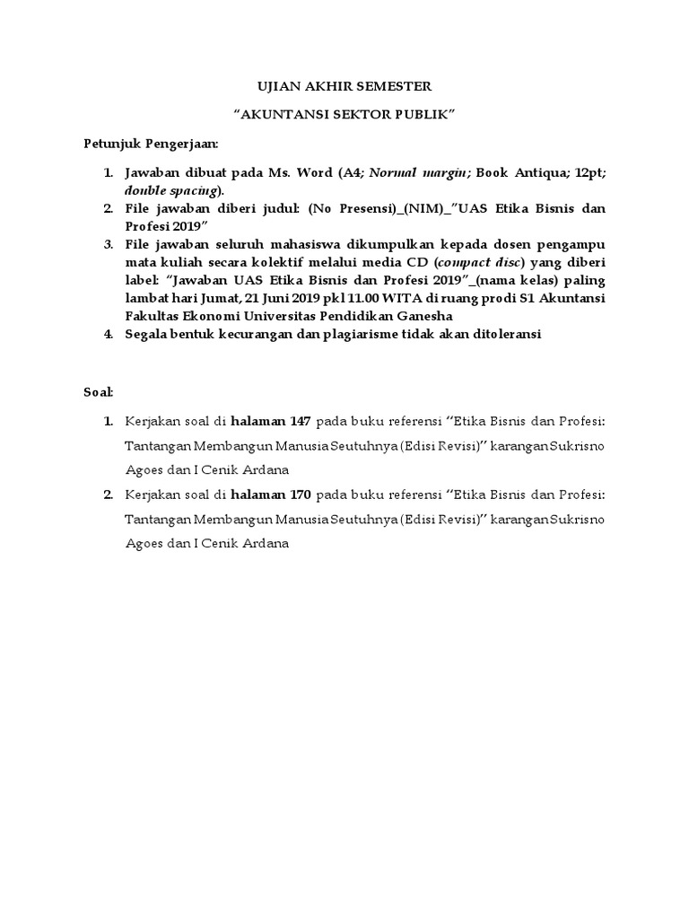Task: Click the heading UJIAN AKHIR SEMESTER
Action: click(344, 86)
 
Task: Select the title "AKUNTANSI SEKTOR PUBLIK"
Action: click(344, 115)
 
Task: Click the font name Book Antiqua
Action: click(522, 172)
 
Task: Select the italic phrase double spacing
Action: click(170, 190)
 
